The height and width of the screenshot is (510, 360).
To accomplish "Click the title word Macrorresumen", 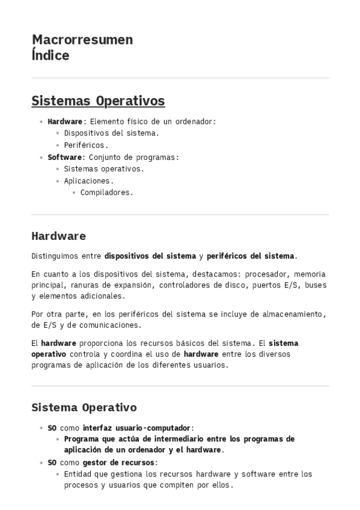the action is pyautogui.click(x=82, y=40).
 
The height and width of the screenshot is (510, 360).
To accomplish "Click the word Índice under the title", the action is pyautogui.click(x=50, y=55).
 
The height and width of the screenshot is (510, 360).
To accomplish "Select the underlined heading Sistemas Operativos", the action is pyautogui.click(x=98, y=100).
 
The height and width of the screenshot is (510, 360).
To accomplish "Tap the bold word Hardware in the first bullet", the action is pyautogui.click(x=65, y=121).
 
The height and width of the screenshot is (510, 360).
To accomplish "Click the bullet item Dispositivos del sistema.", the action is pyautogui.click(x=111, y=134).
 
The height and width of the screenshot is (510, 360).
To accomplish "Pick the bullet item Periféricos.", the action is pyautogui.click(x=85, y=145).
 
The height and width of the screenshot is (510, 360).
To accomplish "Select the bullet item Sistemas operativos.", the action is pyautogui.click(x=103, y=169).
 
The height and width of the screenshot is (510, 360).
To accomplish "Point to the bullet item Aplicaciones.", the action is pyautogui.click(x=88, y=181).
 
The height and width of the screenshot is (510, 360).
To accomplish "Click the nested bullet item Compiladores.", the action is pyautogui.click(x=106, y=193).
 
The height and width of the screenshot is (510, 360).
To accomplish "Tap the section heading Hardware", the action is pyautogui.click(x=58, y=236).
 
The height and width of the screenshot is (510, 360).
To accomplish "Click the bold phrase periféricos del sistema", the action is pyautogui.click(x=252, y=256).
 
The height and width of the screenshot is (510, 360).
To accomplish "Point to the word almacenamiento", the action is pyautogui.click(x=291, y=314).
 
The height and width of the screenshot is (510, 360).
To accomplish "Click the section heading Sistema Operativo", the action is pyautogui.click(x=84, y=408).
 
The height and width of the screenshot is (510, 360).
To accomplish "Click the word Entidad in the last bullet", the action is pyautogui.click(x=78, y=474).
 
